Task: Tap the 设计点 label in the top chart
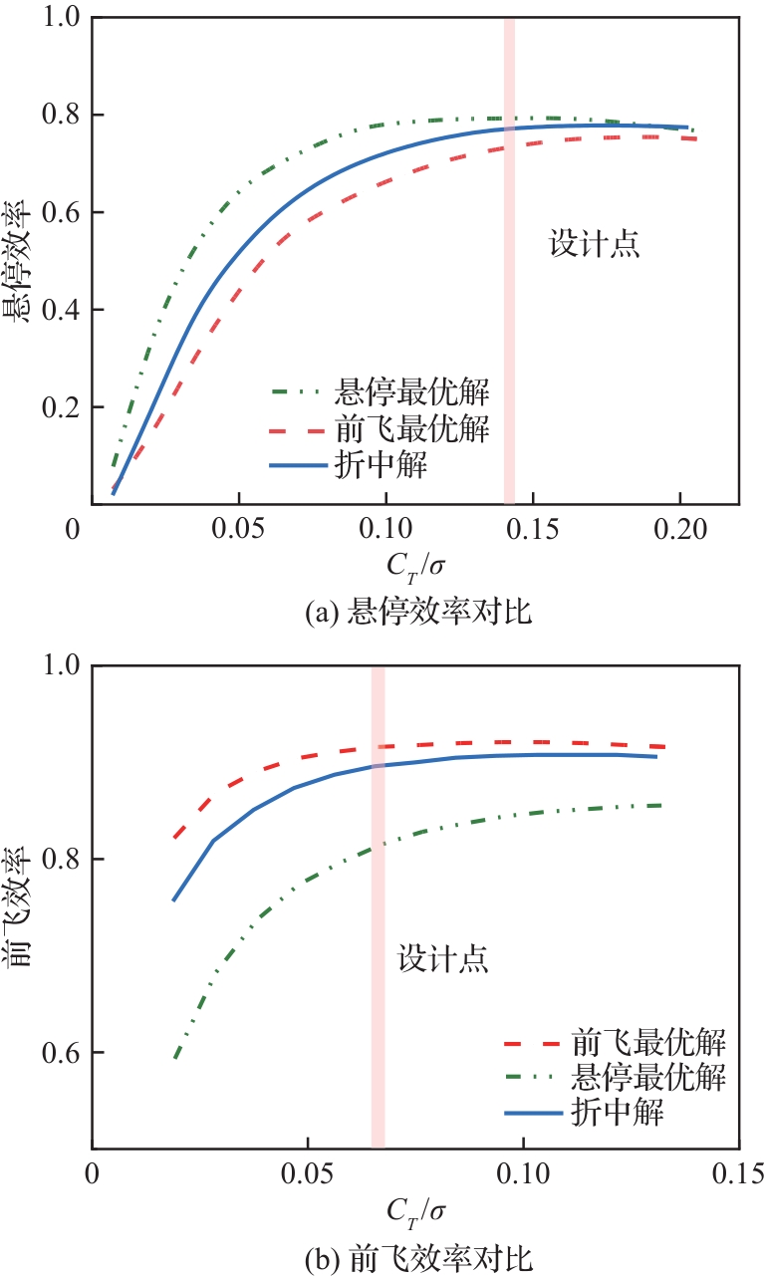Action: coord(594,245)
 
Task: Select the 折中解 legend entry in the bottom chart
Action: coord(618,1111)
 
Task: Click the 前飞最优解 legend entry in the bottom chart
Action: coord(647,1043)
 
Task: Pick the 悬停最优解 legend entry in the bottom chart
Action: coord(647,1077)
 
